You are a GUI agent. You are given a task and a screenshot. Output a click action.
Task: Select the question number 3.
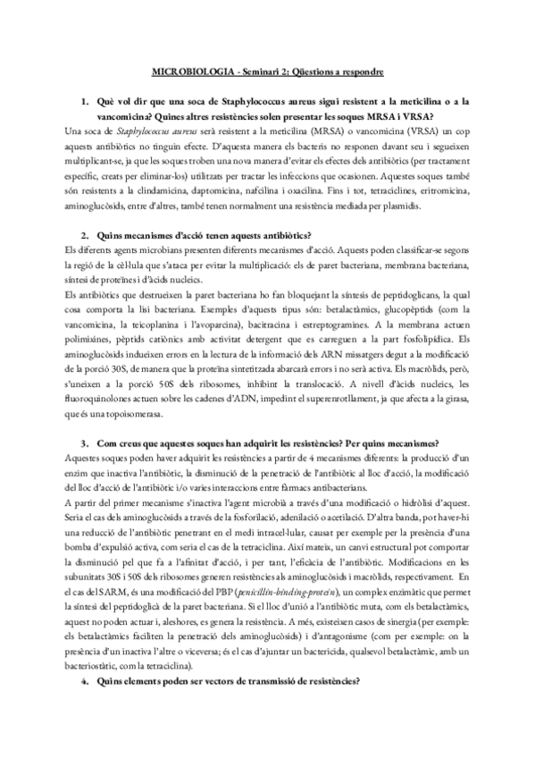coord(84,442)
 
